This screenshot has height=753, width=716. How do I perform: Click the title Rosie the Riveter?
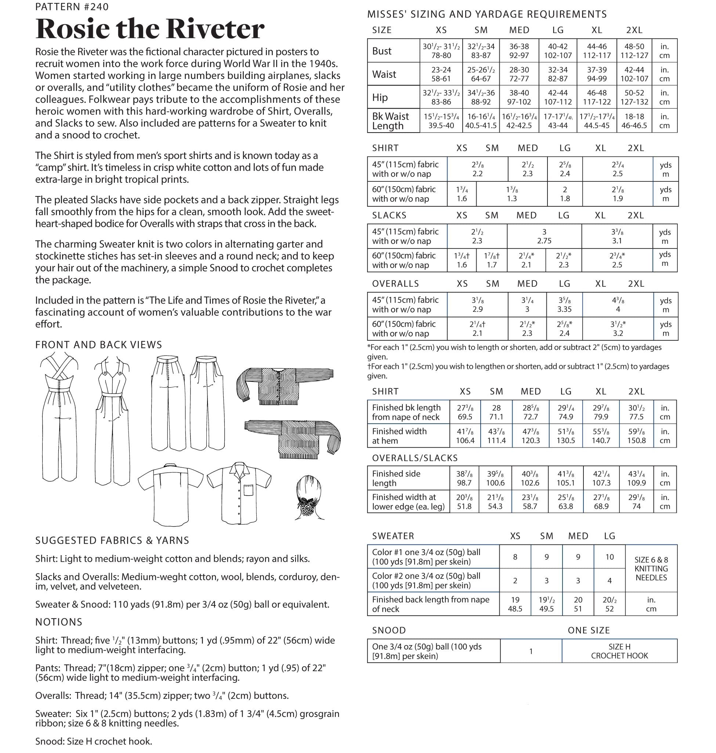(x=149, y=29)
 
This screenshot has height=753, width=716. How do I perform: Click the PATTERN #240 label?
(x=72, y=7)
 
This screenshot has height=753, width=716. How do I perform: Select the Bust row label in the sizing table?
(x=382, y=51)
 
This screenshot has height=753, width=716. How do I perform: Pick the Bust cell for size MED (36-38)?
(x=519, y=51)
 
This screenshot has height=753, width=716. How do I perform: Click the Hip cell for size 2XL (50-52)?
(x=634, y=97)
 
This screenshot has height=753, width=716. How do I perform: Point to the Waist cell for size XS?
(x=441, y=74)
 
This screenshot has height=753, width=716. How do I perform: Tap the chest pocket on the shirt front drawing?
(x=249, y=490)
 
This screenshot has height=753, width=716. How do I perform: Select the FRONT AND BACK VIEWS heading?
(x=98, y=345)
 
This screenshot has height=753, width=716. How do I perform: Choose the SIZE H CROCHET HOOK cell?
(x=619, y=651)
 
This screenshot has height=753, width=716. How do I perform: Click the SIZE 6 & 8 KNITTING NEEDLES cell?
(x=651, y=569)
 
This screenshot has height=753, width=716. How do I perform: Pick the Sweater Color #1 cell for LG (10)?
(x=610, y=557)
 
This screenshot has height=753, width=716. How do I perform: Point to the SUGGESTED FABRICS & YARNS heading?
(x=112, y=540)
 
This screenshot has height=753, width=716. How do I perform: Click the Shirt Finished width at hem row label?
(x=399, y=436)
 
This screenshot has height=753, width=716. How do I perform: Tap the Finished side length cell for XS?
(x=464, y=478)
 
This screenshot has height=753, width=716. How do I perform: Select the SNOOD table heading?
(x=388, y=630)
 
